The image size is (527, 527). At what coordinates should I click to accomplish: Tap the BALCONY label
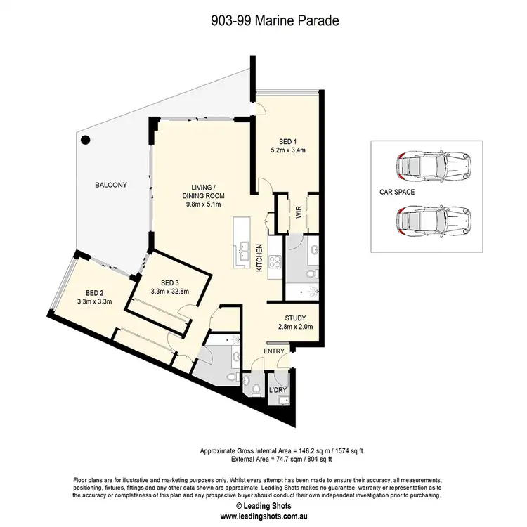(x=112, y=186)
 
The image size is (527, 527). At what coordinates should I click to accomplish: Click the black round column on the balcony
(x=86, y=140)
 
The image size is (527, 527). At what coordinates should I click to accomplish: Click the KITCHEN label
(x=259, y=258)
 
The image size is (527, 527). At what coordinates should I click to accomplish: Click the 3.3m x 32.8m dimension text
(x=169, y=289)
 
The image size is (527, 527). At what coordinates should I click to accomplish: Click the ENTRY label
(x=273, y=350)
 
